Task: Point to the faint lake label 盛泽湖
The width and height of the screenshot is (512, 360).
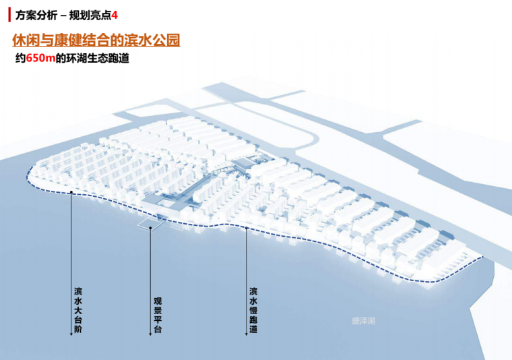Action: point(363,322)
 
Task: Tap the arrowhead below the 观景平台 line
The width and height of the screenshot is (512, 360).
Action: point(150,334)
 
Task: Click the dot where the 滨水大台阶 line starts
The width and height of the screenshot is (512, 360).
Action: point(71,191)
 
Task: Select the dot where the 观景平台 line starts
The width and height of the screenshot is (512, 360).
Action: point(150,229)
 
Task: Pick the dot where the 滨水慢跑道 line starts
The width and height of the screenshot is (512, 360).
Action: point(247,229)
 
